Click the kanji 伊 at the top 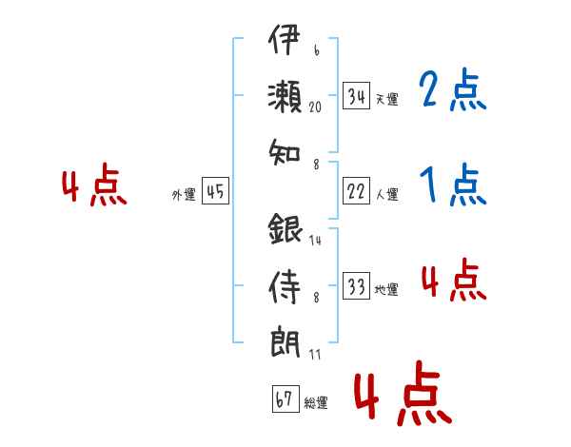pos(285,40)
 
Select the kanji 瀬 pos(285,97)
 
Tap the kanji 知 pos(285,152)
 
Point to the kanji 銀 pos(285,228)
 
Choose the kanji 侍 pos(285,287)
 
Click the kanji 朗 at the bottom pos(285,343)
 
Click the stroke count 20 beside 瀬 pos(315,107)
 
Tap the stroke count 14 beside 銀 pos(315,240)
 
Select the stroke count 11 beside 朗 pos(315,354)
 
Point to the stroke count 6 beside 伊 pos(317,50)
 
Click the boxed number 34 pos(356,96)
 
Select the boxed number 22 pos(356,191)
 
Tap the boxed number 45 pos(215,191)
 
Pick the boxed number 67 pos(285,398)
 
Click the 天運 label pos(387,99)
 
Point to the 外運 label pos(184,194)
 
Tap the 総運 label pos(316,402)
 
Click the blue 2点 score pos(453,89)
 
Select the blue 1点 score pos(453,185)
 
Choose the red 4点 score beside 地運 pos(454,280)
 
